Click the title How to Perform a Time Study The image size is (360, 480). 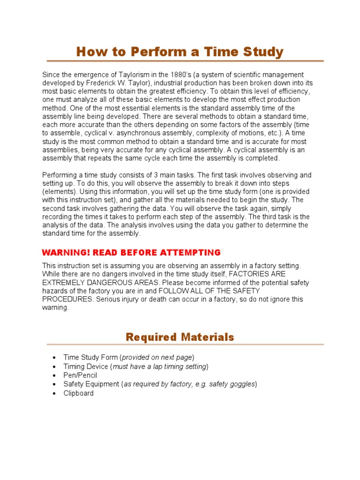(x=180, y=52)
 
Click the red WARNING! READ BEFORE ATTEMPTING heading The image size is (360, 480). (x=131, y=253)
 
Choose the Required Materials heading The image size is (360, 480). (x=180, y=337)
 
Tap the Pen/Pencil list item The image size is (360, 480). (x=80, y=375)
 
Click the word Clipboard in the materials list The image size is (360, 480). (x=79, y=393)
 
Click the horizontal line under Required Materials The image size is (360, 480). (x=180, y=345)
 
